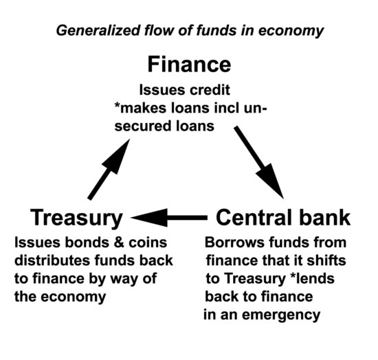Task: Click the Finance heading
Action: [x=189, y=65]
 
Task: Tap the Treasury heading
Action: [x=76, y=218]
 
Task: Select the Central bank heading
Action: [x=283, y=218]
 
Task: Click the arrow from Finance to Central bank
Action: [x=258, y=162]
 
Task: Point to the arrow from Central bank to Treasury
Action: [x=169, y=218]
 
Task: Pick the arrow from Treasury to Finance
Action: [x=109, y=169]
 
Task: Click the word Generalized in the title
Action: [x=98, y=31]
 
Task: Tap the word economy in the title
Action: [x=291, y=32]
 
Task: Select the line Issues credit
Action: [x=185, y=90]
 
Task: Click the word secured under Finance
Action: [x=140, y=126]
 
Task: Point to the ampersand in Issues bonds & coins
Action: [x=118, y=243]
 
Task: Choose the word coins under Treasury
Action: [x=148, y=243]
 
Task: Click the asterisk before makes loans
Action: [x=117, y=106]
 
